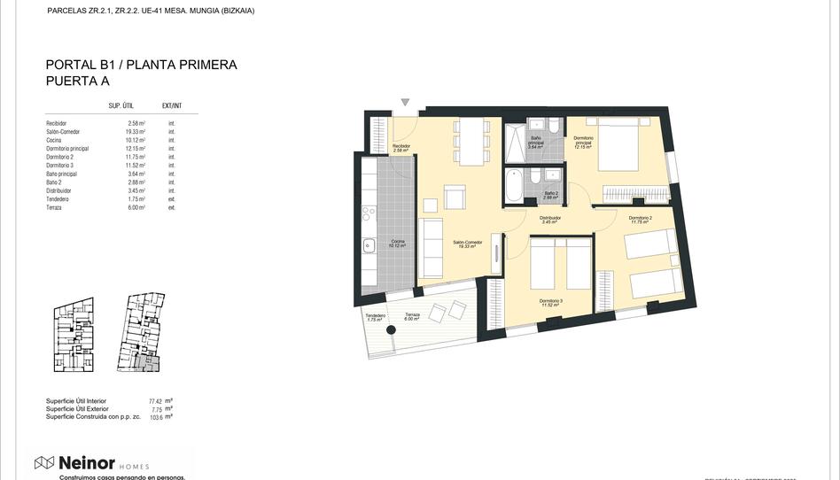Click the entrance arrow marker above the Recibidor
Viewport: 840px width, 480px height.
[406, 103]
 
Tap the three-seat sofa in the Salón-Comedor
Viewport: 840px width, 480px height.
[432, 248]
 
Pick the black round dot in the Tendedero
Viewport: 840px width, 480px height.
[390, 329]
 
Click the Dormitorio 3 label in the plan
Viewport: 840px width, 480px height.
[550, 302]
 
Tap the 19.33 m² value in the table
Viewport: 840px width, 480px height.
[136, 132]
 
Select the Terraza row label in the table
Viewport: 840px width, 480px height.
[54, 207]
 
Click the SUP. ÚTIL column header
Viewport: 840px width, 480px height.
[121, 105]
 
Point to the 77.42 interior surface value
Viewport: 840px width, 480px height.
[156, 401]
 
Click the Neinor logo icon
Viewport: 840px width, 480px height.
[44, 462]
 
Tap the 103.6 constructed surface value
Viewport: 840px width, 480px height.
[156, 416]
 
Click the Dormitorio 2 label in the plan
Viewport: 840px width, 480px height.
[640, 219]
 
